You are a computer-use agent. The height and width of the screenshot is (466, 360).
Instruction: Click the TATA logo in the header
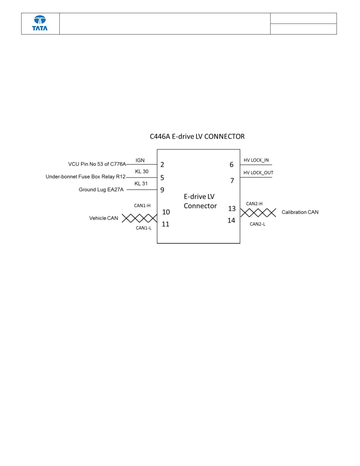point(40,23)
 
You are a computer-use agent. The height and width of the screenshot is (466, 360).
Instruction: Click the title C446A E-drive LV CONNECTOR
point(197,137)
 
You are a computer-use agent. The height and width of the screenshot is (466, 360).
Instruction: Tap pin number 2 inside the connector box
point(162,165)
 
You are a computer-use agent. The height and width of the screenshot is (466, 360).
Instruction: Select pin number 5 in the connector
point(162,178)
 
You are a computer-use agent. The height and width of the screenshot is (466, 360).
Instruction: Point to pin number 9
point(162,190)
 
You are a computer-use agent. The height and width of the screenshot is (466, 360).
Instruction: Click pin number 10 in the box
point(166,212)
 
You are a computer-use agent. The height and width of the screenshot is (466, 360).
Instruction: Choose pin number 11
point(166,224)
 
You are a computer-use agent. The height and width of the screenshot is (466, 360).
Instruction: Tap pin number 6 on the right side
point(232,165)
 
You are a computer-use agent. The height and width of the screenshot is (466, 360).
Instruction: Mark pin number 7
point(232,181)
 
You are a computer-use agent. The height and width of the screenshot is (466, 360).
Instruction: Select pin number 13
point(232,209)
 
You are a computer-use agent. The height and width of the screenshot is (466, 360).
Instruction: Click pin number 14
point(232,221)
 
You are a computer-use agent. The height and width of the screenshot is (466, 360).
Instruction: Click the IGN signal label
point(140,160)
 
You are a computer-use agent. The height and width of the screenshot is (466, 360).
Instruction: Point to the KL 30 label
point(142,171)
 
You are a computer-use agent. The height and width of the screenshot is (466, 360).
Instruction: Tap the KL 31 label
point(141,184)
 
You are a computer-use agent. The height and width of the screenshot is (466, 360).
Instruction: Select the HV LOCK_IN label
point(256,160)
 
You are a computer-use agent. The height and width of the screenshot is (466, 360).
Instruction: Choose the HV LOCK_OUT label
point(258,173)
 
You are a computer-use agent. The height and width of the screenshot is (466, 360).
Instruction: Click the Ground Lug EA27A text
point(101,190)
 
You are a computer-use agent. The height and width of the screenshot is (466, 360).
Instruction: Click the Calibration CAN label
point(300,212)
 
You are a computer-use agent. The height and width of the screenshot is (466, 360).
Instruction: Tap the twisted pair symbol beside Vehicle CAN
point(139,218)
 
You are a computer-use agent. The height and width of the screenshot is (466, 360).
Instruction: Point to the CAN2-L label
point(258,224)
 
